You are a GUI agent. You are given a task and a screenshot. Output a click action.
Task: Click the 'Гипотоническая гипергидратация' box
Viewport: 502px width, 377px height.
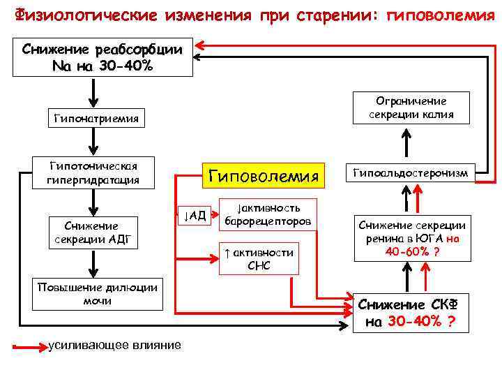(96, 172)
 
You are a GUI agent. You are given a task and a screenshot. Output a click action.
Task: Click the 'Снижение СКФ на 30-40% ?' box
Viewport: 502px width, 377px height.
(411, 313)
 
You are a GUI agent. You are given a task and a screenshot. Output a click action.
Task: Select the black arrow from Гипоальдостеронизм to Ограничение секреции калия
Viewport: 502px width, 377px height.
(406, 144)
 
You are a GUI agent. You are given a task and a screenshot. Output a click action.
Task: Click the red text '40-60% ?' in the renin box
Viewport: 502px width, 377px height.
(412, 251)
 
